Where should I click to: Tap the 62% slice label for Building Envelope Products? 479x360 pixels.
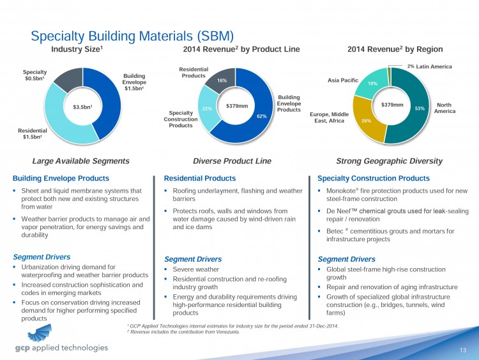tap(261, 116)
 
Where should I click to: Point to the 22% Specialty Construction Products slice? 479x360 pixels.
tap(206, 109)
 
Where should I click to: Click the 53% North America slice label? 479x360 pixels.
tap(419, 109)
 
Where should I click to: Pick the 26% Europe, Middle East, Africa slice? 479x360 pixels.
tap(366, 120)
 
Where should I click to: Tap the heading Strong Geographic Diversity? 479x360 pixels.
tap(389, 161)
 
